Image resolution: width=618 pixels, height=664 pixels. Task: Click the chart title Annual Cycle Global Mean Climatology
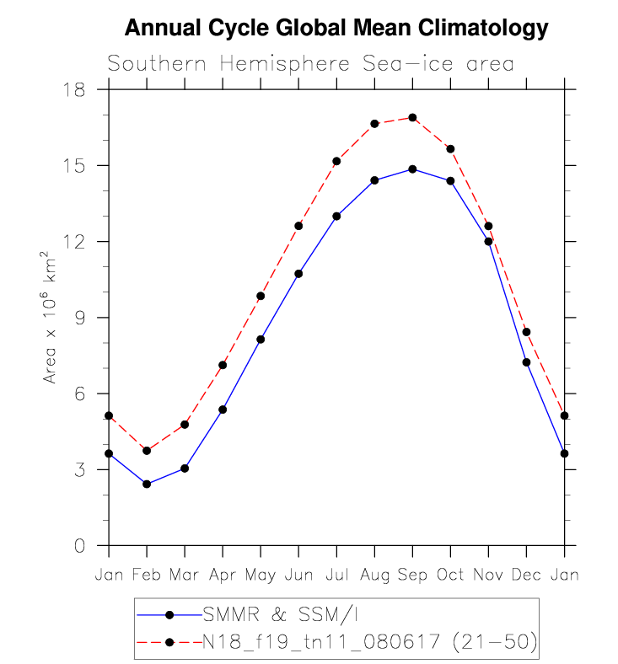[336, 29]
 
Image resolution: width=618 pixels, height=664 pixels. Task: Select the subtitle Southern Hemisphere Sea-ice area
[310, 65]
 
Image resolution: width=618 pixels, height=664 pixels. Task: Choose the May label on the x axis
[260, 575]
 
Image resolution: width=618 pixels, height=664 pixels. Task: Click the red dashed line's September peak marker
[412, 117]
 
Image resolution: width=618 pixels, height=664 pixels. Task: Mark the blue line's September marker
[412, 169]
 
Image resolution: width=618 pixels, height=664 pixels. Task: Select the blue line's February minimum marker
[147, 484]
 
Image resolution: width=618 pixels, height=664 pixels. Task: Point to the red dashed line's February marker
[147, 451]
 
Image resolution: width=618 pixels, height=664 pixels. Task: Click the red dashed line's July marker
[336, 161]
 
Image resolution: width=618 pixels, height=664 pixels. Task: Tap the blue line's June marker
[298, 274]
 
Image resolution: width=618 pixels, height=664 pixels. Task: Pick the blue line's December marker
[526, 362]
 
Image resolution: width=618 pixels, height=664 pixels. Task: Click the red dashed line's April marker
[223, 365]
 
